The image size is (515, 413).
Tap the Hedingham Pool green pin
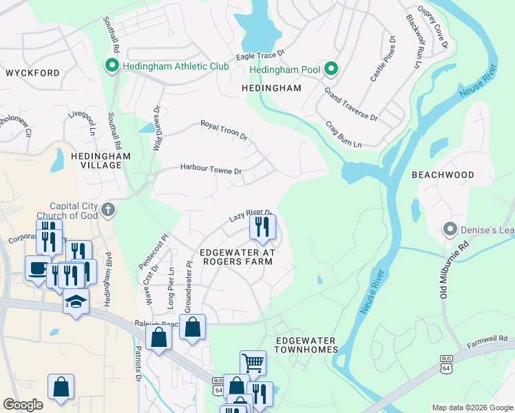(331, 69)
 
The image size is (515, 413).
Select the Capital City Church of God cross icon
(108, 209)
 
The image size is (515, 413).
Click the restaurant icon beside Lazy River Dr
(262, 226)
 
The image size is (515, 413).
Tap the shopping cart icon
(253, 363)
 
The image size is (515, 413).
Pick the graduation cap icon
(76, 302)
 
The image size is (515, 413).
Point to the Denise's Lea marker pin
(451, 228)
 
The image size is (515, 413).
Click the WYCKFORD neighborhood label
(32, 72)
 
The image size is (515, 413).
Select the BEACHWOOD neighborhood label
(443, 175)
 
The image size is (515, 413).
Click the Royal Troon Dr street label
(224, 129)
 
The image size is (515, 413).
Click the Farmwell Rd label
(487, 339)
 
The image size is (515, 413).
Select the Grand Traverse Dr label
(351, 104)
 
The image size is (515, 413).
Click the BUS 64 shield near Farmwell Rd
(447, 366)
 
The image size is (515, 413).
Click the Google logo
(23, 404)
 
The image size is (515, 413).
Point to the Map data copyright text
(472, 407)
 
